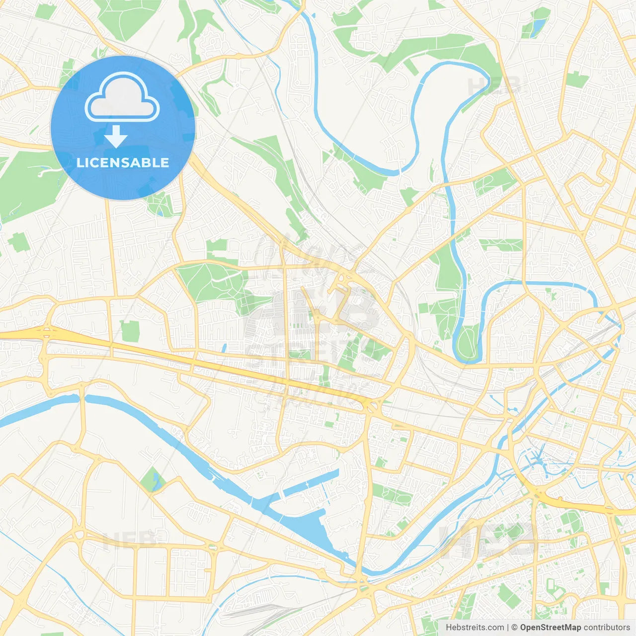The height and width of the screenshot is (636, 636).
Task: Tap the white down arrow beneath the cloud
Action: [116, 137]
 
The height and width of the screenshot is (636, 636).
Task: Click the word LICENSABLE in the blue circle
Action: [123, 162]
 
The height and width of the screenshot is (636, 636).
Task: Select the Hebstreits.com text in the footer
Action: [475, 628]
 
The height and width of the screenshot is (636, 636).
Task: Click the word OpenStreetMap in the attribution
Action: [550, 628]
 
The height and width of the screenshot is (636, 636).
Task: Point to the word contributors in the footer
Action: [607, 628]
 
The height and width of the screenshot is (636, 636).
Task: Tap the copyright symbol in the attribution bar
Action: [514, 628]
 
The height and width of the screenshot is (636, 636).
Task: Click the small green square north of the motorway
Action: [130, 331]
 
